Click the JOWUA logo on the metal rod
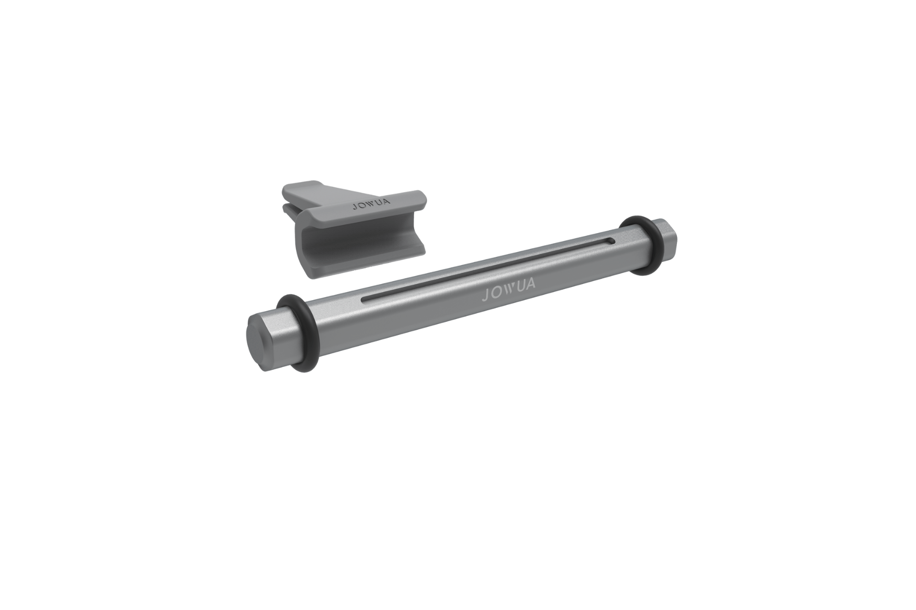pyautogui.click(x=509, y=288)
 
